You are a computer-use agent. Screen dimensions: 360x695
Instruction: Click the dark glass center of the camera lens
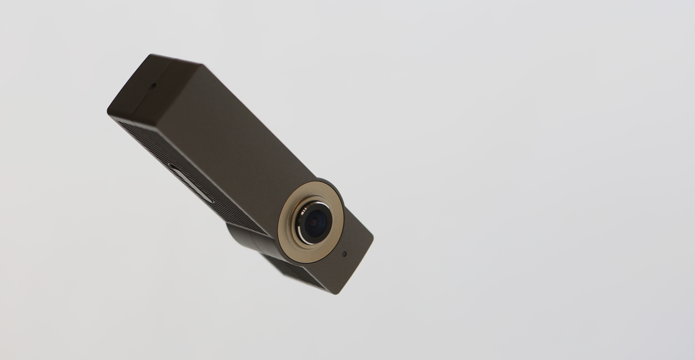[316, 224]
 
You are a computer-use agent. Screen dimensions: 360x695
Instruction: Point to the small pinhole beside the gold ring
[344, 253]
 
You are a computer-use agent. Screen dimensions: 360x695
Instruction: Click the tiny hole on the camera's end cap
[152, 85]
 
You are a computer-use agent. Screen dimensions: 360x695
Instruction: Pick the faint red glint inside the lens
[312, 224]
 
